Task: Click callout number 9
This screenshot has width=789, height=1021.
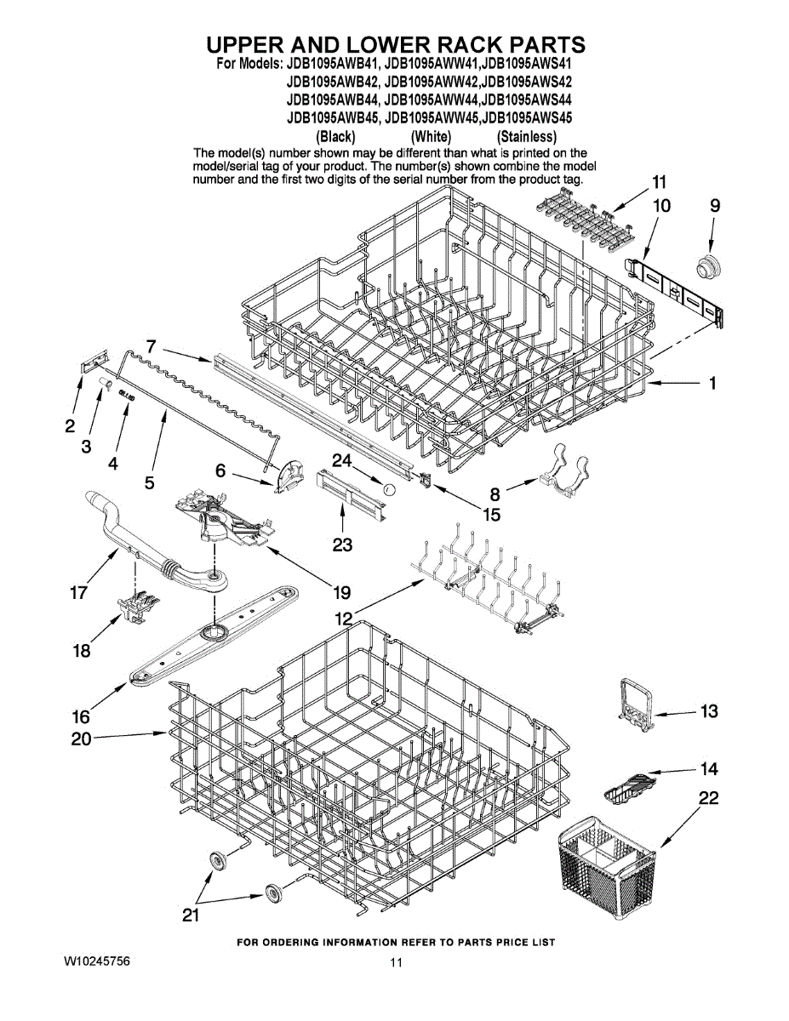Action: (715, 205)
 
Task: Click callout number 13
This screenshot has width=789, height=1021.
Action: (709, 711)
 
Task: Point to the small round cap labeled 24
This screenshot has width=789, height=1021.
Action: (388, 489)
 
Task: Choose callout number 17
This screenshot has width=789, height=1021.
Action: (78, 593)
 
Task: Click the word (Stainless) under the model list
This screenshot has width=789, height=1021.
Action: (527, 136)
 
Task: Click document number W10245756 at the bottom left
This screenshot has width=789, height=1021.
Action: (96, 961)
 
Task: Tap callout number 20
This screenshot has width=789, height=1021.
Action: (81, 739)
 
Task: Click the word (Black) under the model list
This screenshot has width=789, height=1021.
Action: (335, 136)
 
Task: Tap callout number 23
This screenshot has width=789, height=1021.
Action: (342, 545)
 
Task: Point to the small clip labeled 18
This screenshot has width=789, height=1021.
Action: (134, 606)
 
